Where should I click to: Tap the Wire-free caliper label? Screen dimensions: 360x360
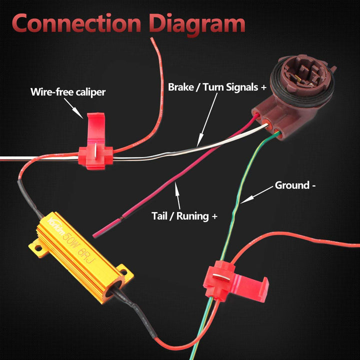pyautogui.click(x=68, y=91)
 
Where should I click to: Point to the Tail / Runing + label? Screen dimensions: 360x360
pyautogui.click(x=184, y=216)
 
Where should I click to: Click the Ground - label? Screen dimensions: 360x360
pyautogui.click(x=295, y=185)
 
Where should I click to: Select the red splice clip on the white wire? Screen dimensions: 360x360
pyautogui.click(x=95, y=144)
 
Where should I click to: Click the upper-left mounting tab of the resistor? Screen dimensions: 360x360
pyautogui.click(x=36, y=246)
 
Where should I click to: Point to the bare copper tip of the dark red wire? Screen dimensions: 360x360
pyautogui.click(x=119, y=218)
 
